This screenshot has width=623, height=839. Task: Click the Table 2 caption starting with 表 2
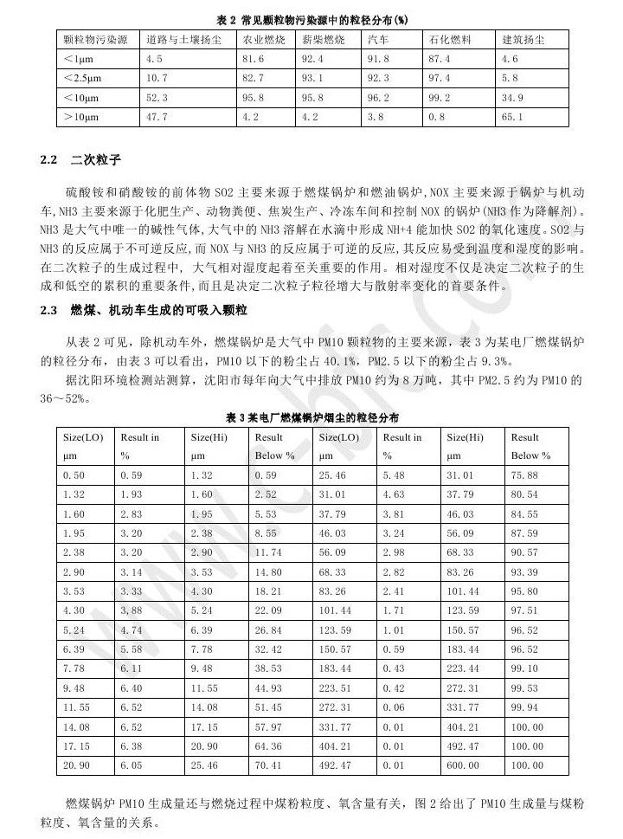coord(312,19)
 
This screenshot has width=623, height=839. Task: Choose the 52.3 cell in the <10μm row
coord(157,97)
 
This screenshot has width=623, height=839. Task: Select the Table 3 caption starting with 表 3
coord(312,417)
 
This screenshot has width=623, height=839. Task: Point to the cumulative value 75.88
coord(524,474)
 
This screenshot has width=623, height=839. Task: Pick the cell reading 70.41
coord(267,765)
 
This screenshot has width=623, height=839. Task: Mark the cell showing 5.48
coord(395,474)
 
